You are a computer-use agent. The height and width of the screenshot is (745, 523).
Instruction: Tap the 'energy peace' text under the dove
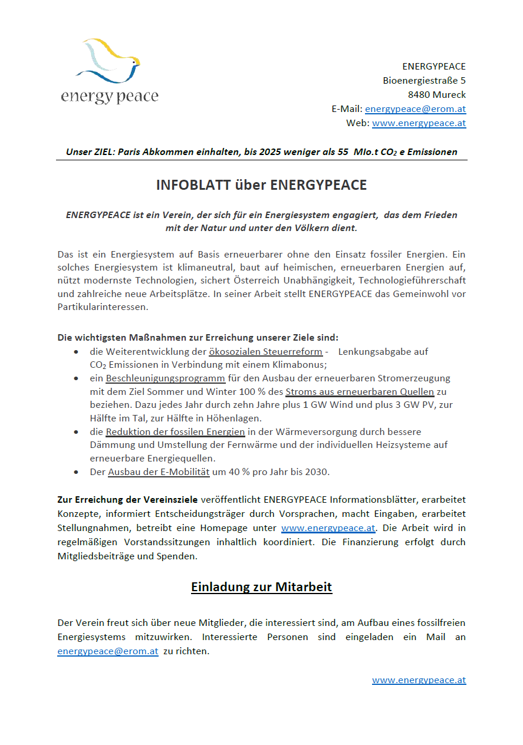[110, 96]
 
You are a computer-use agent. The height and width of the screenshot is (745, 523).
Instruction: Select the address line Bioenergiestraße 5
[424, 80]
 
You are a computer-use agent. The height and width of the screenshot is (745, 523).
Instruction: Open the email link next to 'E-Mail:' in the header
[415, 109]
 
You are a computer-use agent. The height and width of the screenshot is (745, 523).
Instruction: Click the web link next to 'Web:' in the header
[419, 123]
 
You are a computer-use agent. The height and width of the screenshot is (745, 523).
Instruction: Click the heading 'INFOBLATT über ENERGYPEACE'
[261, 185]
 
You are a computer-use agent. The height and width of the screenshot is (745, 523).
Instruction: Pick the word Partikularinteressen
[103, 307]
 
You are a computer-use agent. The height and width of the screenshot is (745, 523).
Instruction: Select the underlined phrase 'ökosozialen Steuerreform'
[265, 352]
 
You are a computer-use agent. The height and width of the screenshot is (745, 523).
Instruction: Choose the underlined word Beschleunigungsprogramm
[165, 378]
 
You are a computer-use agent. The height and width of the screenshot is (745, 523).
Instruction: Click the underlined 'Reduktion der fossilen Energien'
[175, 432]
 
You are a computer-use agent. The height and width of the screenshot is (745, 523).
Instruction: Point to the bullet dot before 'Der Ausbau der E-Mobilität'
[77, 473]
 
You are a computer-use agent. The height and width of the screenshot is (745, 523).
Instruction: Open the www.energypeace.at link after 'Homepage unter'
[328, 528]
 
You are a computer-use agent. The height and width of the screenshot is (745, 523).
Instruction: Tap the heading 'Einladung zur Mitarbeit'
[261, 588]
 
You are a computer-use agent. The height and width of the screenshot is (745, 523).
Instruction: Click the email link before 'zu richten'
[107, 651]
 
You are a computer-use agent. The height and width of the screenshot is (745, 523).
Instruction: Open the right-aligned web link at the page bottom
[419, 680]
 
